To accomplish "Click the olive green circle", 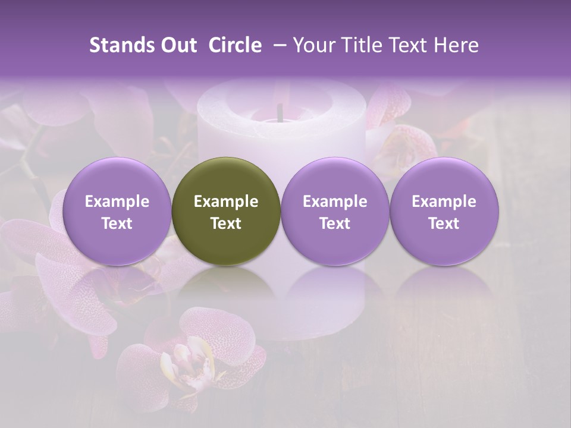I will [226, 211].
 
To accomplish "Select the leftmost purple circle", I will [117, 211].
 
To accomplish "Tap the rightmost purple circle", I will [444, 211].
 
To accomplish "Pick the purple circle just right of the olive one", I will [335, 211].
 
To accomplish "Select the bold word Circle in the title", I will [235, 45].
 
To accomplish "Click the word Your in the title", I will [314, 45].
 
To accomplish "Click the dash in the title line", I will [278, 45].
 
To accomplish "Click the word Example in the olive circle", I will [226, 202].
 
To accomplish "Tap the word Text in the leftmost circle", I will [117, 224].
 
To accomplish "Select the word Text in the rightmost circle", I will [444, 224].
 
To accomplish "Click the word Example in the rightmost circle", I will [444, 202].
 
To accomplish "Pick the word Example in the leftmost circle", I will [117, 202].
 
